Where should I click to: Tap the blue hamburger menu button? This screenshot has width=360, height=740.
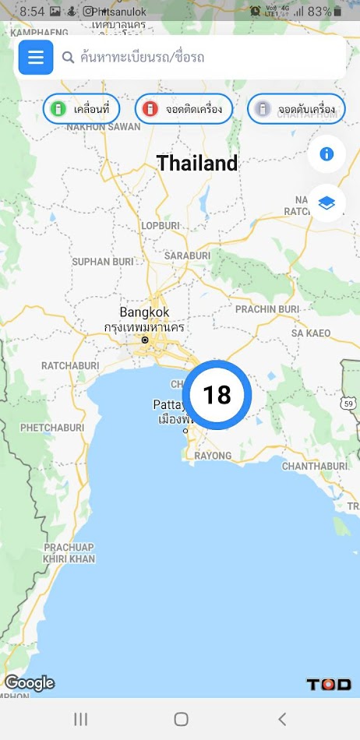[x=36, y=57]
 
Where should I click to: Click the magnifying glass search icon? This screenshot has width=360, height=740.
[x=68, y=57]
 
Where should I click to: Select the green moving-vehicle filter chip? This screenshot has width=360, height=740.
[x=81, y=109]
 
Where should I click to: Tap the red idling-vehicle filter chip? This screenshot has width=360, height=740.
[x=184, y=109]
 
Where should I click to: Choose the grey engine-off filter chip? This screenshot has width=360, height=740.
[x=296, y=109]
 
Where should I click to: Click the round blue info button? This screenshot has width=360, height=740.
[x=326, y=153]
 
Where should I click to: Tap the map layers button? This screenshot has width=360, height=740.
[x=326, y=203]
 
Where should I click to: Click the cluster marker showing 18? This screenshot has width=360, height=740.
[x=217, y=395]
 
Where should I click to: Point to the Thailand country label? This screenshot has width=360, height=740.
[x=197, y=164]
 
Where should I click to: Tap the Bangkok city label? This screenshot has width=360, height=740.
[x=144, y=312]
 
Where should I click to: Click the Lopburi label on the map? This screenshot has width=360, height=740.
[x=161, y=226]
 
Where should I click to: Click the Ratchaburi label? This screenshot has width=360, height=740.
[x=70, y=365]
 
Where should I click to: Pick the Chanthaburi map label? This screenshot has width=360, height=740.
[x=309, y=466]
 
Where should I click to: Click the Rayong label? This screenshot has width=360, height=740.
[x=213, y=456]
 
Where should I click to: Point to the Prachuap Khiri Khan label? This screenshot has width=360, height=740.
[x=69, y=553]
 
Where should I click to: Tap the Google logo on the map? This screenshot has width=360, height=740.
[x=30, y=683]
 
